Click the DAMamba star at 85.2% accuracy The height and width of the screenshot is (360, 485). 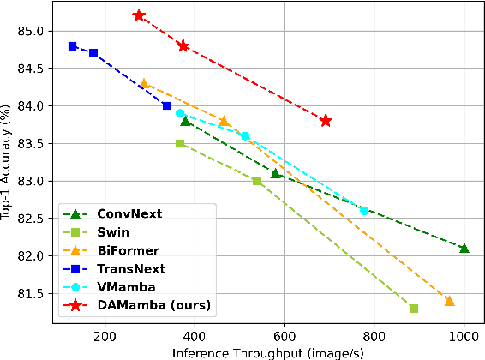point(139,15)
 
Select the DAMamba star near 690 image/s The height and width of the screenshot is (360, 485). point(326,121)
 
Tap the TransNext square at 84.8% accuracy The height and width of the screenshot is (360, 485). point(73,46)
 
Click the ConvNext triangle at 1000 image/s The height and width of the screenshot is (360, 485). point(464,249)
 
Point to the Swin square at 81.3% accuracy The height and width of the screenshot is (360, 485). point(415,309)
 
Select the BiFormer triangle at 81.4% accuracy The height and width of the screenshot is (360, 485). point(450,301)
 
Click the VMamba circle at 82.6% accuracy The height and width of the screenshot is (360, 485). point(364,211)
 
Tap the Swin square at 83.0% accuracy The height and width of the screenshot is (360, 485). point(257,181)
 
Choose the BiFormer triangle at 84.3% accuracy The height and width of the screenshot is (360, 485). point(144,84)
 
